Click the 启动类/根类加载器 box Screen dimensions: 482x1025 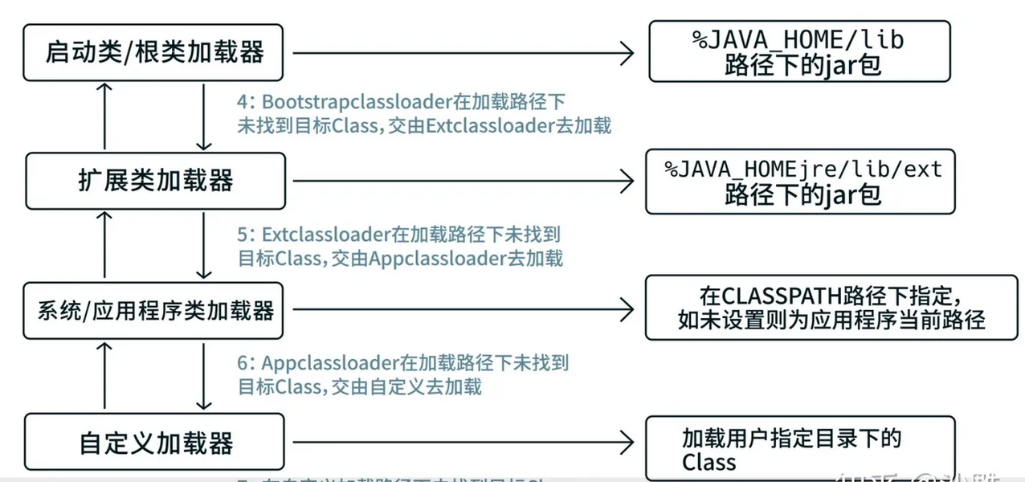click(154, 53)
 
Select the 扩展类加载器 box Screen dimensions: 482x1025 click(154, 180)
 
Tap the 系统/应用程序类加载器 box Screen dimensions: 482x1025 click(154, 311)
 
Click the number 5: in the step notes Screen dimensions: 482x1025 click(245, 235)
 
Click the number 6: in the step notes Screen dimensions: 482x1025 click(245, 363)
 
